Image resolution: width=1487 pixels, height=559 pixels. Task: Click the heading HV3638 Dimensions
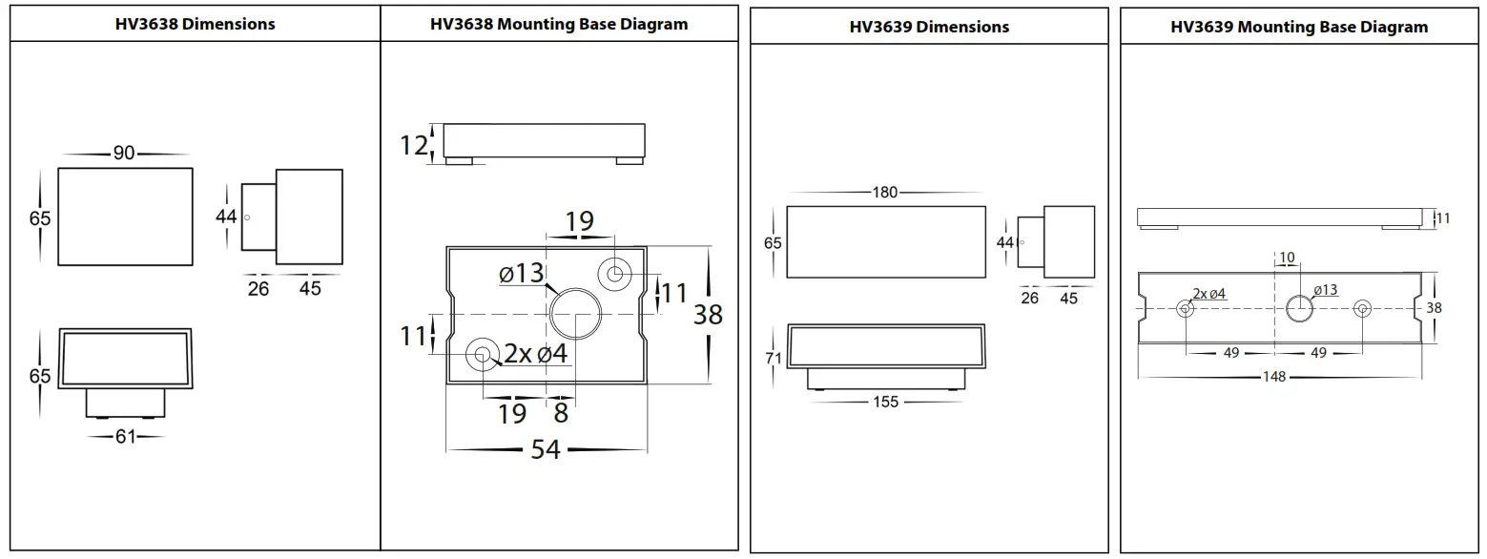coord(195,24)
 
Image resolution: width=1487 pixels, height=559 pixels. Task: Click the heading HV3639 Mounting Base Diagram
coord(1299,27)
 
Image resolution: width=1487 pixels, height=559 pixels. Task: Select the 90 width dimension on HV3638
coord(124,153)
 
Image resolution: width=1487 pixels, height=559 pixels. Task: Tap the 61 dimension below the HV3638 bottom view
coord(125,437)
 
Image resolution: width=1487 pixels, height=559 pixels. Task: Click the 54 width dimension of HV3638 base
coord(546,448)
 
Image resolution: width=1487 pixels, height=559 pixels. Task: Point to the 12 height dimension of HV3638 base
coord(414,145)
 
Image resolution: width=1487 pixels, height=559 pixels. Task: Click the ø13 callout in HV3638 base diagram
coord(521,274)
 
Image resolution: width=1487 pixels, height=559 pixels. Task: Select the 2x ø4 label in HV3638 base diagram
coord(536,354)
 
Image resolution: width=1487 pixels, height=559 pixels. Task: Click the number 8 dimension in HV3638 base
coord(561,413)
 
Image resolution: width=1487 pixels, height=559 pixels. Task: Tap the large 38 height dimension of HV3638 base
coord(708,314)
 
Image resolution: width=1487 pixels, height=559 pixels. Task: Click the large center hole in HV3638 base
coord(575,314)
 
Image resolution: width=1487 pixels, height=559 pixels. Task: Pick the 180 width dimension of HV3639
coord(885,193)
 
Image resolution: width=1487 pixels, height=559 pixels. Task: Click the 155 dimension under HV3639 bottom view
coord(885,402)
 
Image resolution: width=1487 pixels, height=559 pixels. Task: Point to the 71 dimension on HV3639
coord(773,359)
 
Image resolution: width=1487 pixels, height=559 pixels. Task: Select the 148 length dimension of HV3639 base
coord(1274,377)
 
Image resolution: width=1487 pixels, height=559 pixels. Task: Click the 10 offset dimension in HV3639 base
coord(1287,258)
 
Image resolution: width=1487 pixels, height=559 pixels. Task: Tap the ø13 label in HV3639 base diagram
coord(1325,291)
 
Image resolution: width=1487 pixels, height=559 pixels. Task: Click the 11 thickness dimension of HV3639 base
coord(1442,218)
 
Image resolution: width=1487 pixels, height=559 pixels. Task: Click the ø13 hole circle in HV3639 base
coord(1299,308)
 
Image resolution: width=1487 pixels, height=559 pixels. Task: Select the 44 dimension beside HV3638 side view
coord(226,217)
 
